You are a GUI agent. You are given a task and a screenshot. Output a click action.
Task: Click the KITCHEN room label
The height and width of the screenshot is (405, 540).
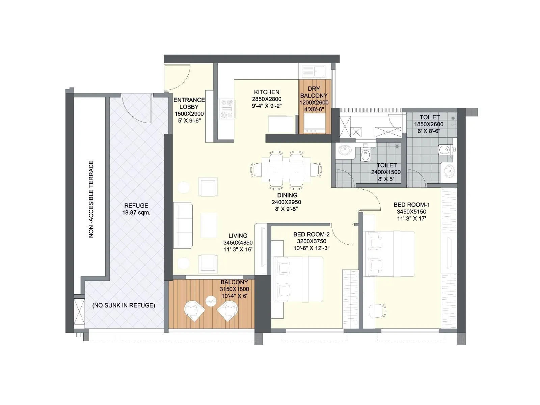[x=266, y=92]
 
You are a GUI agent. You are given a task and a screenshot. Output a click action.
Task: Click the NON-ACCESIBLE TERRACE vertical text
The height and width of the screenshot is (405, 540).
[x=91, y=199]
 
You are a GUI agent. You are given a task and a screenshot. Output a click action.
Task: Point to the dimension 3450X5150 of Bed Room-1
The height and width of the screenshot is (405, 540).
[x=411, y=212]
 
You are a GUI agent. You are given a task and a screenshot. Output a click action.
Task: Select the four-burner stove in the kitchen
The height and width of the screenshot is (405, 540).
[x=227, y=109]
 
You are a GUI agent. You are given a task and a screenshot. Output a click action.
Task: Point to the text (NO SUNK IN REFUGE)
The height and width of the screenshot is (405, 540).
[x=124, y=305]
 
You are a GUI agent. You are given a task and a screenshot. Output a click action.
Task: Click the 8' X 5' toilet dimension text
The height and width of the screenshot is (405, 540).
[x=386, y=179]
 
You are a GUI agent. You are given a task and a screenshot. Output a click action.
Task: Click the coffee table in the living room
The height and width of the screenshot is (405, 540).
[x=209, y=225]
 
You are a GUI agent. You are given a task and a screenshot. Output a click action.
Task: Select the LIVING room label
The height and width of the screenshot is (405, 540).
[x=238, y=236]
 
